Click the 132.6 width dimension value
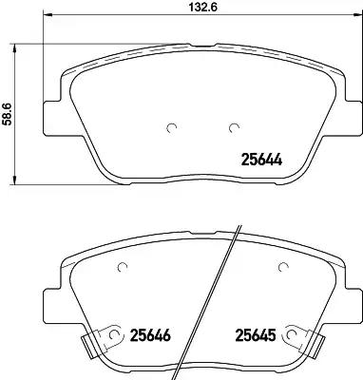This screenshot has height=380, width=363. [202, 7]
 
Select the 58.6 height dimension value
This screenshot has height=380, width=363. [7, 114]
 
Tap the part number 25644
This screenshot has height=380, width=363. [261, 160]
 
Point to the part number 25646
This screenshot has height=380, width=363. [150, 335]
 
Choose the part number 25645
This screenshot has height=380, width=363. [255, 335]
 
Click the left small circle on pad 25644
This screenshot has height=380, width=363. [171, 127]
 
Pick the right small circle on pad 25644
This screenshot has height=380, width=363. [234, 127]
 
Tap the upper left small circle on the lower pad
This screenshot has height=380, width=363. [123, 268]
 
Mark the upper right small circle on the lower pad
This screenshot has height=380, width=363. [283, 268]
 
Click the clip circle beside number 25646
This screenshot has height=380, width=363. [113, 334]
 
